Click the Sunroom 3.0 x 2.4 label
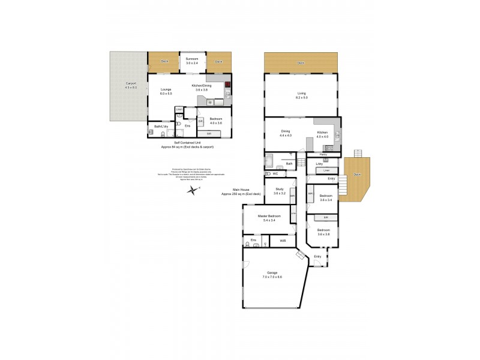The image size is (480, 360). pos(191,60)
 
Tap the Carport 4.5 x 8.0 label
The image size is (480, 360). pos(131,86)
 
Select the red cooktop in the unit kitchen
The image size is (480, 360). pos(227,85)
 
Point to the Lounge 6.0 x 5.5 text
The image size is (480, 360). pos(166,91)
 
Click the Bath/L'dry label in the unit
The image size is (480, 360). pos(159,127)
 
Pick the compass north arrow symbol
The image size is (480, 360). pos(193,190)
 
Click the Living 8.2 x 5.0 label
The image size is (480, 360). pos(302,95)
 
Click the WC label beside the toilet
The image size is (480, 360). pos(275,174)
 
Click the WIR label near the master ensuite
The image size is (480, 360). pos(283,241)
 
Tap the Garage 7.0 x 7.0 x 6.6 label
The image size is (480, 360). pos(272,275)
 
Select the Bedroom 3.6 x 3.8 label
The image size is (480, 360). pos(323,232)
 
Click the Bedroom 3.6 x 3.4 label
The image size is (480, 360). pos(326,198)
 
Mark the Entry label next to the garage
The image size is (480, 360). pos(317,257)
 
